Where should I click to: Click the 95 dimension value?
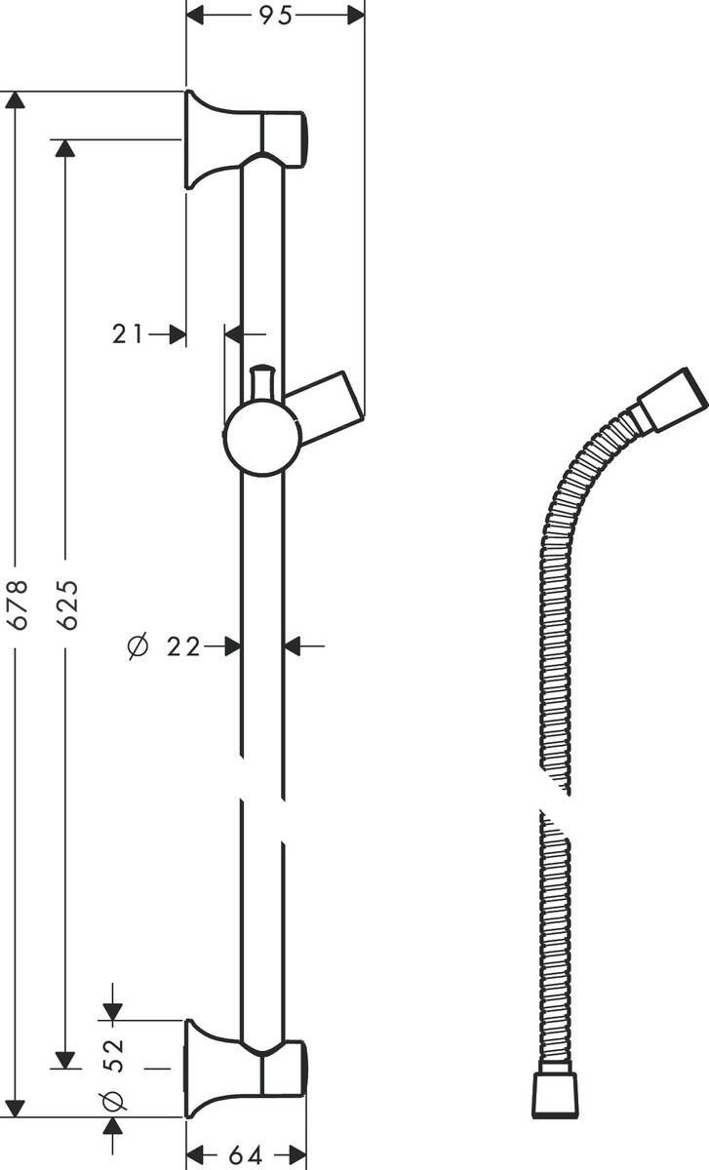(x=275, y=17)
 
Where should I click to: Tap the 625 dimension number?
(x=66, y=604)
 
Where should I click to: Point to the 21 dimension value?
(x=127, y=334)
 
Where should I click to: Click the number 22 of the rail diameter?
(x=183, y=645)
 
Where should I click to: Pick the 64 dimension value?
(x=246, y=1155)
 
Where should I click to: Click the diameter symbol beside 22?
(x=139, y=645)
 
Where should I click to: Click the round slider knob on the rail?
(x=261, y=439)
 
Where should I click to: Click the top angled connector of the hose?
(x=671, y=398)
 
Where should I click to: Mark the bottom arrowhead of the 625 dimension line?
(x=65, y=1060)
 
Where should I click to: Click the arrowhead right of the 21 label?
(x=177, y=334)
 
